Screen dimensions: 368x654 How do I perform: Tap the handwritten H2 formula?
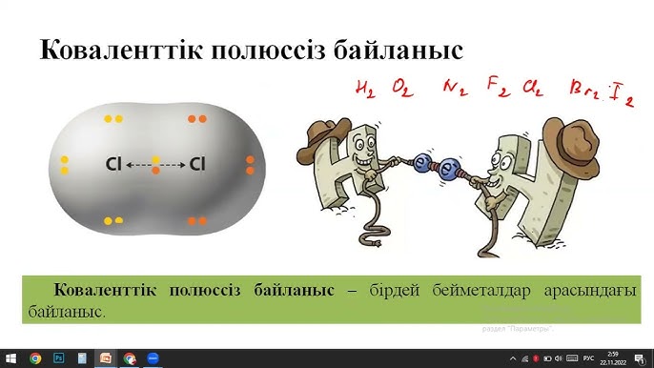pos(365,90)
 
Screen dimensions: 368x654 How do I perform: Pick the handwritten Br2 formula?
pos(584,92)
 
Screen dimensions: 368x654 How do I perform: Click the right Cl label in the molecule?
pos(197,165)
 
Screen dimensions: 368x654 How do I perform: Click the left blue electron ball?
pos(423,163)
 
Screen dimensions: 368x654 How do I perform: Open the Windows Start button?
pos(10,358)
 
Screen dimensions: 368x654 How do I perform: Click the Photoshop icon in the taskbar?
pos(59,358)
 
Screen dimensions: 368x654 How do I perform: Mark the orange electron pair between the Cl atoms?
pos(155,165)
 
